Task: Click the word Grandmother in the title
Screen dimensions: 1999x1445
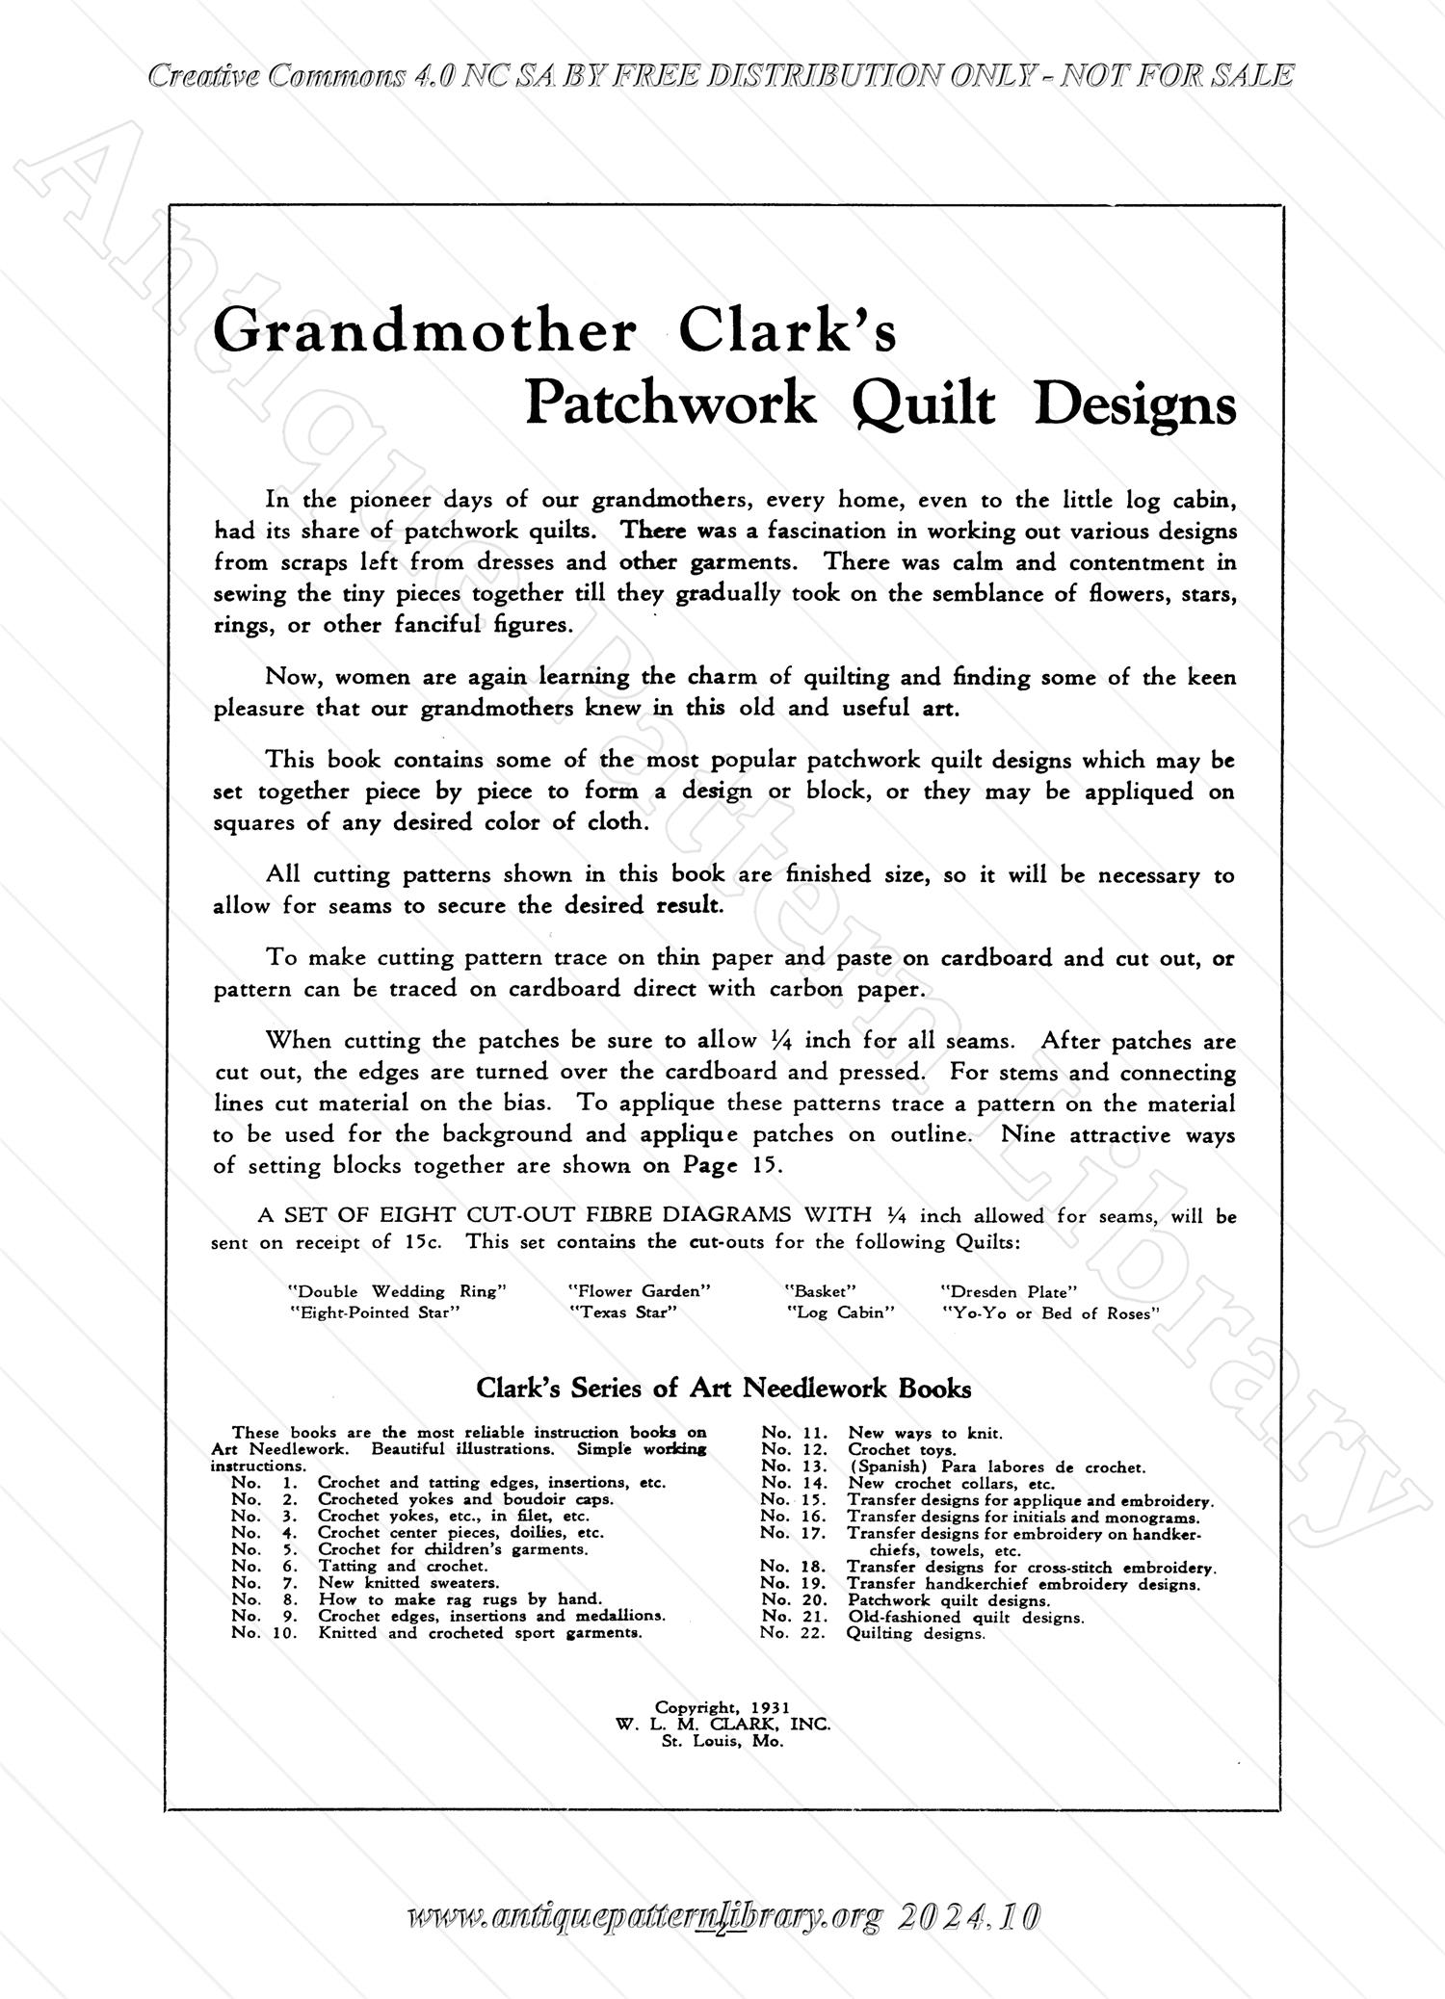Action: point(424,332)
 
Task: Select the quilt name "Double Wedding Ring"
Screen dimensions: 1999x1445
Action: point(397,1291)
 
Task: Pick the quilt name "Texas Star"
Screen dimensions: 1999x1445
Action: point(622,1312)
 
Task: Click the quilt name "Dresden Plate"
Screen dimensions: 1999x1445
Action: point(1009,1291)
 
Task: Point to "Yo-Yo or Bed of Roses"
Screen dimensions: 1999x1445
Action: point(1050,1312)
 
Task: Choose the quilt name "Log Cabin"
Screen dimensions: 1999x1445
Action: point(841,1312)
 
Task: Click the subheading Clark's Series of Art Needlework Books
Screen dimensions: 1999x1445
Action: point(723,1389)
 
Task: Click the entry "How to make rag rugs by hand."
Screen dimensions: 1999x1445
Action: point(460,1599)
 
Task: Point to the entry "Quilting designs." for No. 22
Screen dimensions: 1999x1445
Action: point(915,1633)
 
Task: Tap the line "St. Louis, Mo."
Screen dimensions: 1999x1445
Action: point(722,1741)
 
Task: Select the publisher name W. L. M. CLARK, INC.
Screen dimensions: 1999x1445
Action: point(722,1725)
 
